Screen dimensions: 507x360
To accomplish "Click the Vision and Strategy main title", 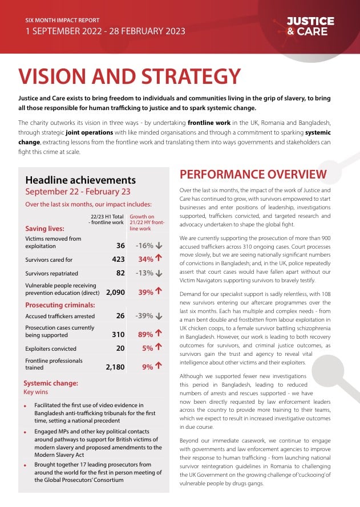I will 130,76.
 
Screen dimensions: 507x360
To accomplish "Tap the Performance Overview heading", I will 253,174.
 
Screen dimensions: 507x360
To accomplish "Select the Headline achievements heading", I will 80,180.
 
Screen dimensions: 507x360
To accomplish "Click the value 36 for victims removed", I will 120,246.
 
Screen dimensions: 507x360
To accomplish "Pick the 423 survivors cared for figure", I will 118,259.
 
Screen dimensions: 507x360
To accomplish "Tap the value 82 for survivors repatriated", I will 120,273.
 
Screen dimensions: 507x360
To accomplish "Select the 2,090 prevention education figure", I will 115,292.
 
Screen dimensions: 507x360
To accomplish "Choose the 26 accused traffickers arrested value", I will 120,315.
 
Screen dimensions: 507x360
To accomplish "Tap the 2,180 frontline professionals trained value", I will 115,367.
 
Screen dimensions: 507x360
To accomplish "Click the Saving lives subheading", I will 45,229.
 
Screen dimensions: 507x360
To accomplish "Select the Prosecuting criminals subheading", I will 60,305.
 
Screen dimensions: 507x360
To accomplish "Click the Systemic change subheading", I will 51,383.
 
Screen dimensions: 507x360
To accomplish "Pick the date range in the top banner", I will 106,31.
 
